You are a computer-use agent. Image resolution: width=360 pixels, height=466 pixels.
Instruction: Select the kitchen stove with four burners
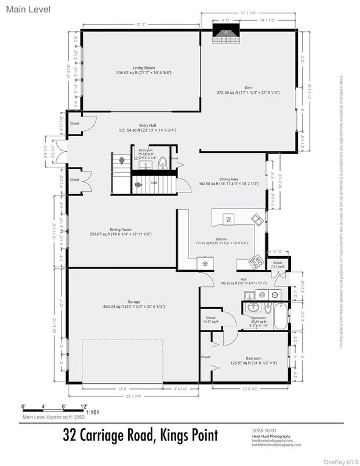[256, 262]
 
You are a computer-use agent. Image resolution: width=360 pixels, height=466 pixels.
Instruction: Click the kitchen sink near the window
[256, 220]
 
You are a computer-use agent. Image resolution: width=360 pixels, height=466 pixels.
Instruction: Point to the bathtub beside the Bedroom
[279, 316]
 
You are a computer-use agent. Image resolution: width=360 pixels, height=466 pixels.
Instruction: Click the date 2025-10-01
[264, 431]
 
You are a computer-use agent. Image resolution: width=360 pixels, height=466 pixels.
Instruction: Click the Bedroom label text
[253, 359]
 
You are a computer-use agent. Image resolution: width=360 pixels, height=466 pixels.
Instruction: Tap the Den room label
[248, 88]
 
